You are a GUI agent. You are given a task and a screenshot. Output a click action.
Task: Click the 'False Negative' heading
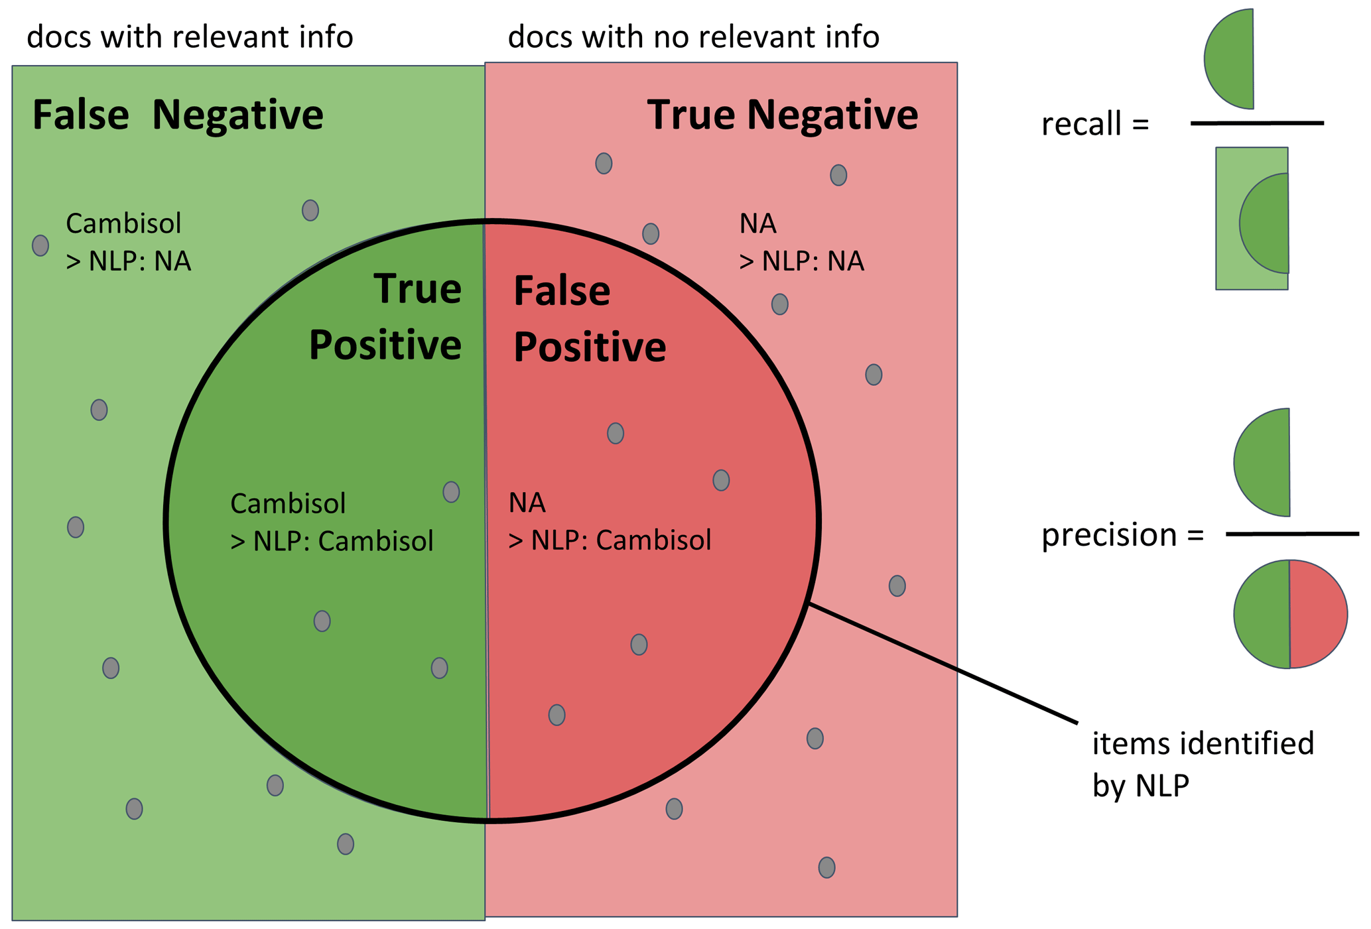tap(178, 115)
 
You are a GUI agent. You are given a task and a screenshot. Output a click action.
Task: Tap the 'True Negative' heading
tap(782, 115)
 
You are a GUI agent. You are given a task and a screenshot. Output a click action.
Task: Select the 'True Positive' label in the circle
tap(386, 317)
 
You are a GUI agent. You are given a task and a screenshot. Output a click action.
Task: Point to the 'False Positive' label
tap(589, 319)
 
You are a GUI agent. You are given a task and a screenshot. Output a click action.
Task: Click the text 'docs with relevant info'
tap(190, 37)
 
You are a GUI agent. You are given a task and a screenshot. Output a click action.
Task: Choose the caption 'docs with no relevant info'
tap(693, 37)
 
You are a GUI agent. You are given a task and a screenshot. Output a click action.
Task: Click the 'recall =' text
tap(1094, 125)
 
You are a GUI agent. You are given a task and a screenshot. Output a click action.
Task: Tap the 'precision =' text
tap(1122, 534)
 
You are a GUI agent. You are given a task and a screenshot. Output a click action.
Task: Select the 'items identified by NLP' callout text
tap(1202, 764)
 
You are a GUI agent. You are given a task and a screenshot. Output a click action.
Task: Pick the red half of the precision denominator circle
tap(1317, 614)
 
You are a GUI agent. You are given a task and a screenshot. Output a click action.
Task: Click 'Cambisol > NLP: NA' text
tap(128, 242)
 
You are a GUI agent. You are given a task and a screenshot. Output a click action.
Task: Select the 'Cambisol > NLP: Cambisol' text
tap(331, 523)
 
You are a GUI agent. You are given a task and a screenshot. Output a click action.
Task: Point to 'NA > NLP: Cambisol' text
tap(609, 521)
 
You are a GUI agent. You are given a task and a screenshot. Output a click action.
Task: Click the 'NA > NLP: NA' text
tap(801, 242)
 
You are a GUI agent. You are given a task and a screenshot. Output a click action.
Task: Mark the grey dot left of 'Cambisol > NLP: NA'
tap(40, 245)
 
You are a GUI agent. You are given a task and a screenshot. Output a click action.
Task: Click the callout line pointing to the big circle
tap(942, 662)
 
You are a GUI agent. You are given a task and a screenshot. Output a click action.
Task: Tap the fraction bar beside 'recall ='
tap(1256, 123)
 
